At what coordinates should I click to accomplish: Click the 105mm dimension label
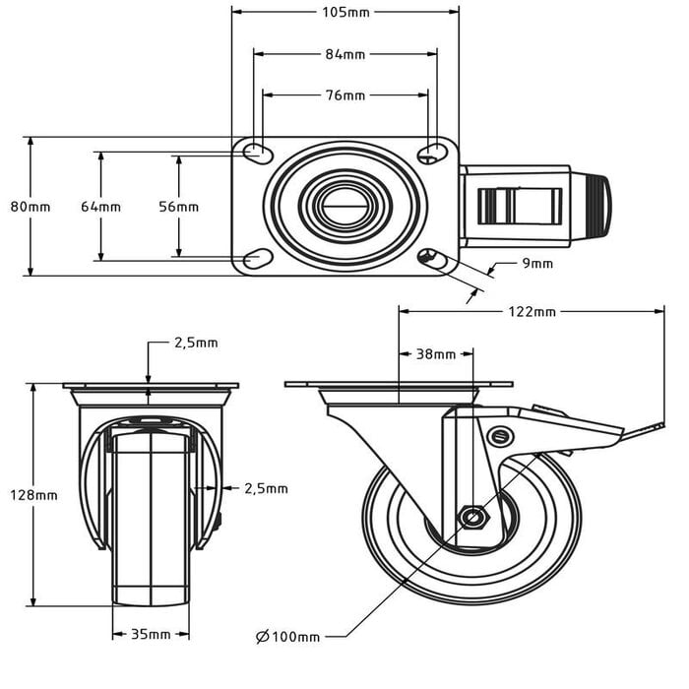coord(345,13)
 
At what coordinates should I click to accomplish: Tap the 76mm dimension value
coord(345,95)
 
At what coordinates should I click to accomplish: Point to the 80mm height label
coord(30,207)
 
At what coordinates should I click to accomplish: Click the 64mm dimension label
coord(100,207)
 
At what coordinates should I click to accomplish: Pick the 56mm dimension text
coord(179,207)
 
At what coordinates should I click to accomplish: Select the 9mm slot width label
coord(537,263)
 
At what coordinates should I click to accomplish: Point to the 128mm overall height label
coord(33,495)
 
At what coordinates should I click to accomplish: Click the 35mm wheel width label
coord(152,634)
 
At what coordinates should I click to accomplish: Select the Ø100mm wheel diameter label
coord(287,637)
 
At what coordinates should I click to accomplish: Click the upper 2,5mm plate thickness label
coord(196,343)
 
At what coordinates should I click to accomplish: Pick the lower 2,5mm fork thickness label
coord(266,488)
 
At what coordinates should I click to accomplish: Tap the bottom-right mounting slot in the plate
coord(430,259)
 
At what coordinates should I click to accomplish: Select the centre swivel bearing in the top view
coord(344,206)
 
